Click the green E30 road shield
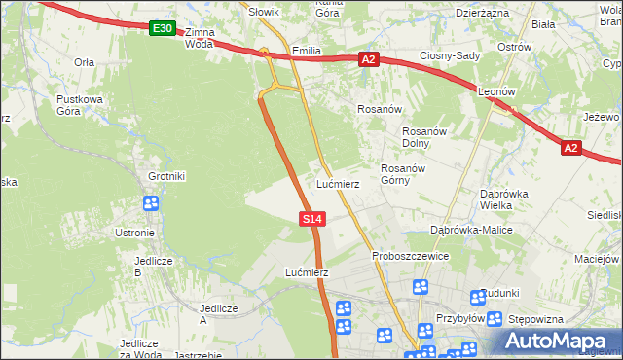point(163,30)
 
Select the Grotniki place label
point(166,176)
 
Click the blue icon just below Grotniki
point(151,203)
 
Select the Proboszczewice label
point(410,256)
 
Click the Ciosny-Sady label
point(450,55)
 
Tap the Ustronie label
point(134,233)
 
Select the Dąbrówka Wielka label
point(503,199)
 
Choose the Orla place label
point(84,61)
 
